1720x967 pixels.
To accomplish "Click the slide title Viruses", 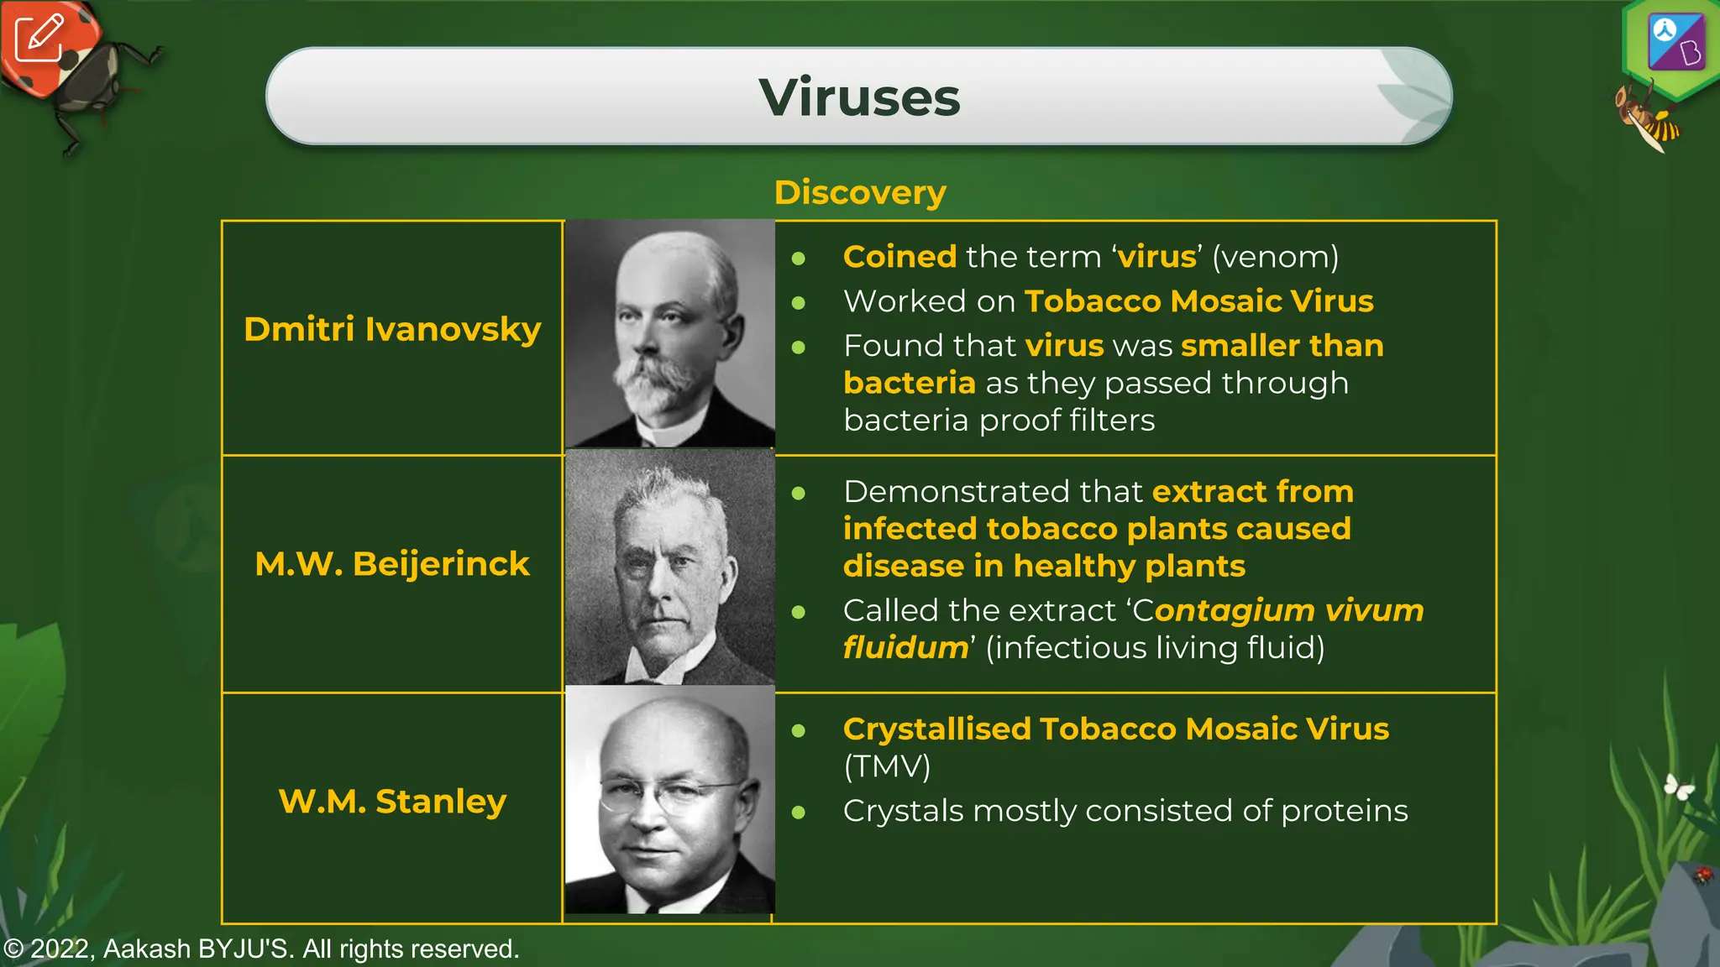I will (859, 97).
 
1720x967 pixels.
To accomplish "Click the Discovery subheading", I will (860, 192).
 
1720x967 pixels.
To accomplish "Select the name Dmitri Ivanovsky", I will (392, 329).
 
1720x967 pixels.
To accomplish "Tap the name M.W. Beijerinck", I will (392, 564).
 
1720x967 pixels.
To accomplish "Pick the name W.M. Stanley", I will (392, 801).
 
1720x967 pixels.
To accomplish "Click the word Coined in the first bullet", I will (899, 257).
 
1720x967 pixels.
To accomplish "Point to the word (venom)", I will (1275, 257).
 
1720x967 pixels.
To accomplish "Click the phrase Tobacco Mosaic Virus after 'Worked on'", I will (1199, 301).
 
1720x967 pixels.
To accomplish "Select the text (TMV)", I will (887, 766).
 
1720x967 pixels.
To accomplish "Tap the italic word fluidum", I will (905, 648).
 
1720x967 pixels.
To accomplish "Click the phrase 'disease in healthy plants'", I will (1044, 567).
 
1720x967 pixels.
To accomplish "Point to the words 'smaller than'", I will (1282, 346).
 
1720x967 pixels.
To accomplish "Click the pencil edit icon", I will (39, 38).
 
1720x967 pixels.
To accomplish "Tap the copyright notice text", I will (260, 949).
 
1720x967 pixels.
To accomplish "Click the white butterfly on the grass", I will (1679, 787).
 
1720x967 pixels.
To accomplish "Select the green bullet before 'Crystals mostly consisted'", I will (799, 812).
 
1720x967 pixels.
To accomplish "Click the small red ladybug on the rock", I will (1702, 875).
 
